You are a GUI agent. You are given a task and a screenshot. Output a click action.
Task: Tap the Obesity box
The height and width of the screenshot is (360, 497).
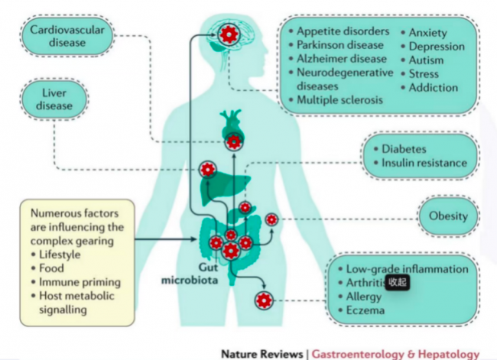coord(448,216)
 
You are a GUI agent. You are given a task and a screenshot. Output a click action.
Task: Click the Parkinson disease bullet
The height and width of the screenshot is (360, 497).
coord(341,45)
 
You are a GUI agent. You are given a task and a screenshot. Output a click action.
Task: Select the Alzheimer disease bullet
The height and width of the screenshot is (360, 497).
coord(342,59)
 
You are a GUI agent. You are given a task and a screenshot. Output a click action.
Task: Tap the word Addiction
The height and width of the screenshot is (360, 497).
coord(434,88)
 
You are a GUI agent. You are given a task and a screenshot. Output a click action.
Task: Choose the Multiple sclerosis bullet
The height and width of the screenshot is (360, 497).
coord(340,100)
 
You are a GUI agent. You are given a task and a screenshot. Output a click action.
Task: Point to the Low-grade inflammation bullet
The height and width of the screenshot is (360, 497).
coord(406,269)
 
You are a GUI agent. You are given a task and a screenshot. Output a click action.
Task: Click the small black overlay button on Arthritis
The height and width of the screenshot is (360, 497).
coord(397,282)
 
